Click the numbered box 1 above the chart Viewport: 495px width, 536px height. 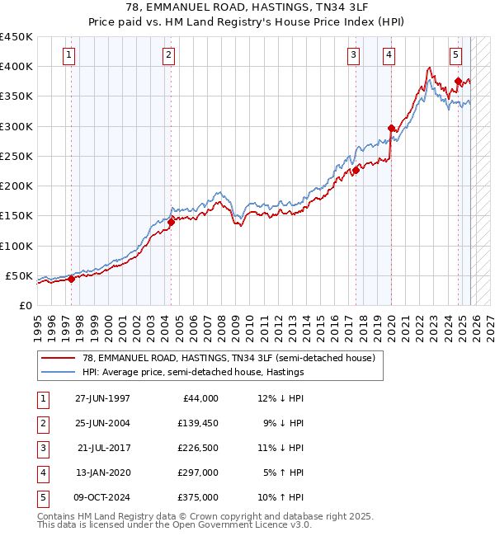[68, 55]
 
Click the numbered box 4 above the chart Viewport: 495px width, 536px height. [388, 55]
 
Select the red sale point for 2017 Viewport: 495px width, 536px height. [356, 171]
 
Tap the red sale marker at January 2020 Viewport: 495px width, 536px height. [391, 128]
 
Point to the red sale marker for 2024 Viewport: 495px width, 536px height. [458, 82]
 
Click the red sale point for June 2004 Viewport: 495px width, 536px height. [171, 222]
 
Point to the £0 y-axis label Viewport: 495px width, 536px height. [26, 305]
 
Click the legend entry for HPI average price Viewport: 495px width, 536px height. [193, 372]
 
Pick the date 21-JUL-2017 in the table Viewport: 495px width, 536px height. [103, 448]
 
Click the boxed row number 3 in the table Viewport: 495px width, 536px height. [42, 448]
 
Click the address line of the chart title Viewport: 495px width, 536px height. [247, 9]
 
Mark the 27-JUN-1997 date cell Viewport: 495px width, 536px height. [103, 398]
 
